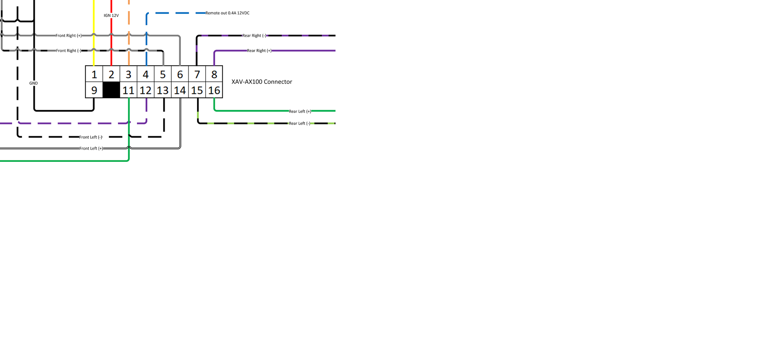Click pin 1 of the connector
[94, 74]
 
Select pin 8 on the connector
[214, 74]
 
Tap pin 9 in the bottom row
[94, 90]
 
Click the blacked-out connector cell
[111, 90]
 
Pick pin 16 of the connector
[214, 90]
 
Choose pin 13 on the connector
[163, 90]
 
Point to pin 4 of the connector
[146, 74]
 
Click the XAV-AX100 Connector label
[262, 82]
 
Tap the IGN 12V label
[111, 15]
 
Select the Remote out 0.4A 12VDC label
[227, 13]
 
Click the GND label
[34, 83]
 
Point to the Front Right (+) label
[68, 36]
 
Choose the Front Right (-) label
[68, 51]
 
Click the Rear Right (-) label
[254, 36]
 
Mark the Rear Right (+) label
[259, 51]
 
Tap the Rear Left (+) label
[300, 111]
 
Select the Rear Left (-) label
[300, 124]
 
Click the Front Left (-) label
[91, 137]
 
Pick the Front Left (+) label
[91, 148]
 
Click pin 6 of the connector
[180, 74]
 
